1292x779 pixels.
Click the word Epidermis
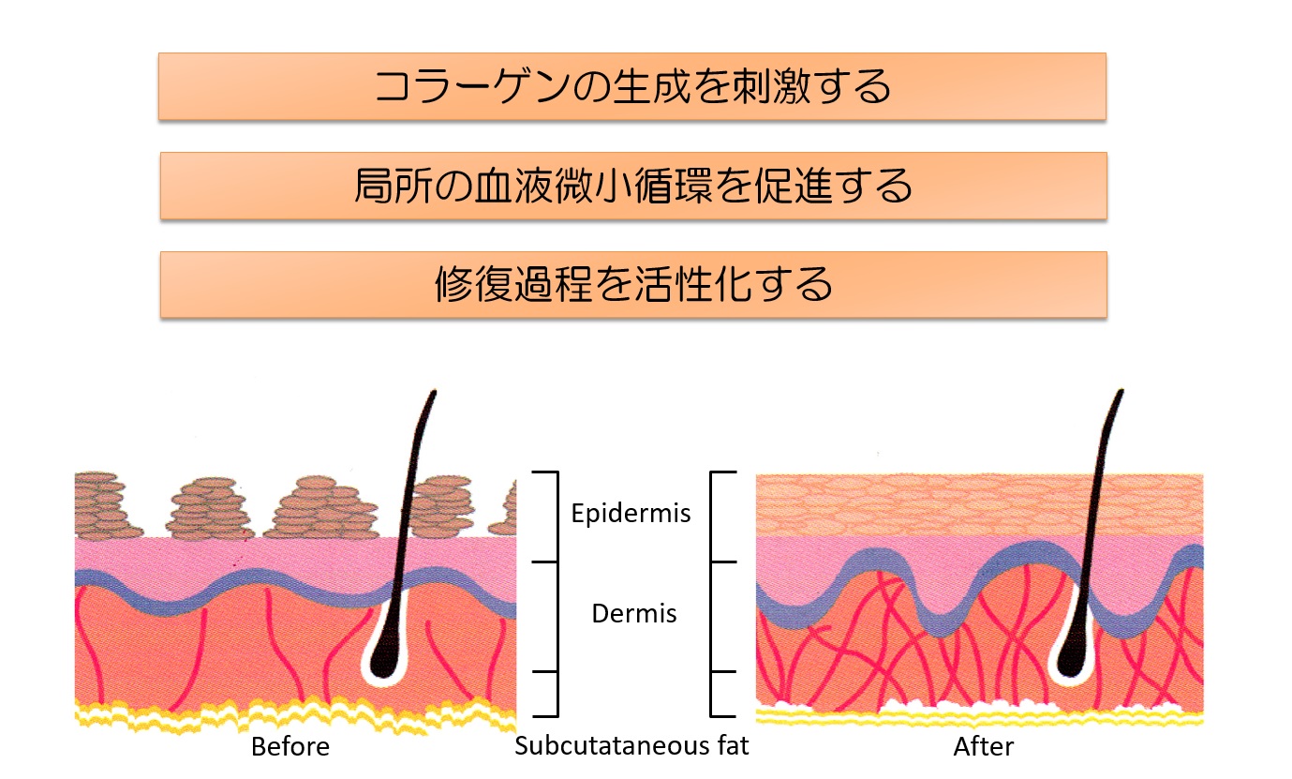point(631,513)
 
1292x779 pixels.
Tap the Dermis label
point(634,613)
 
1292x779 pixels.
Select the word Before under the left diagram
point(290,747)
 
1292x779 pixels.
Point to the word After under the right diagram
point(984,747)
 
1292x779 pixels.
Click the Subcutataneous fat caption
point(631,746)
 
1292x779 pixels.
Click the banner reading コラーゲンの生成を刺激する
point(632,86)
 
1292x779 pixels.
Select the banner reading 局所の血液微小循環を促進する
point(633,186)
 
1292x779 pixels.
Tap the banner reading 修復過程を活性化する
point(633,284)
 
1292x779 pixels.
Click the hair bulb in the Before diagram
point(384,658)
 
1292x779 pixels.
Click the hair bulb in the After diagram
point(1071,658)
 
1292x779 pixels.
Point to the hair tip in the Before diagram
point(435,392)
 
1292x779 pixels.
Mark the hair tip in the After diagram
point(1121,391)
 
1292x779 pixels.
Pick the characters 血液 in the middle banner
point(512,186)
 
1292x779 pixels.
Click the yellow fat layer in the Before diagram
point(295,715)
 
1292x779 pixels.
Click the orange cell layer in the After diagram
point(979,505)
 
